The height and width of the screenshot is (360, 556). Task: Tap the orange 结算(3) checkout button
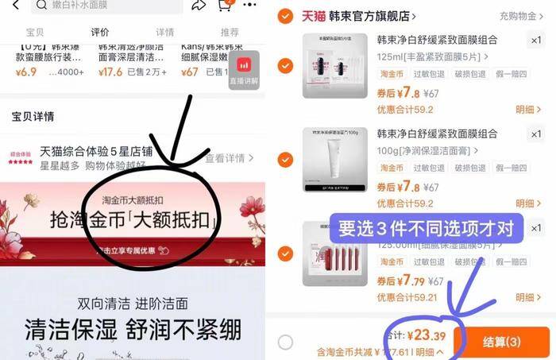click(x=502, y=341)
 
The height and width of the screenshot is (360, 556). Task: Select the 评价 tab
click(x=99, y=33)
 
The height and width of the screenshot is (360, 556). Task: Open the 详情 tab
click(x=164, y=33)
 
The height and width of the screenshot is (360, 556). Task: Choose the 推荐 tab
click(x=229, y=33)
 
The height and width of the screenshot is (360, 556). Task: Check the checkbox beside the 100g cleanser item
click(x=285, y=156)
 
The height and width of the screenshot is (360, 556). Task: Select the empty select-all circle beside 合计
click(x=286, y=342)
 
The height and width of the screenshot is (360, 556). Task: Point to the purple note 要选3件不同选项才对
click(x=425, y=229)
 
